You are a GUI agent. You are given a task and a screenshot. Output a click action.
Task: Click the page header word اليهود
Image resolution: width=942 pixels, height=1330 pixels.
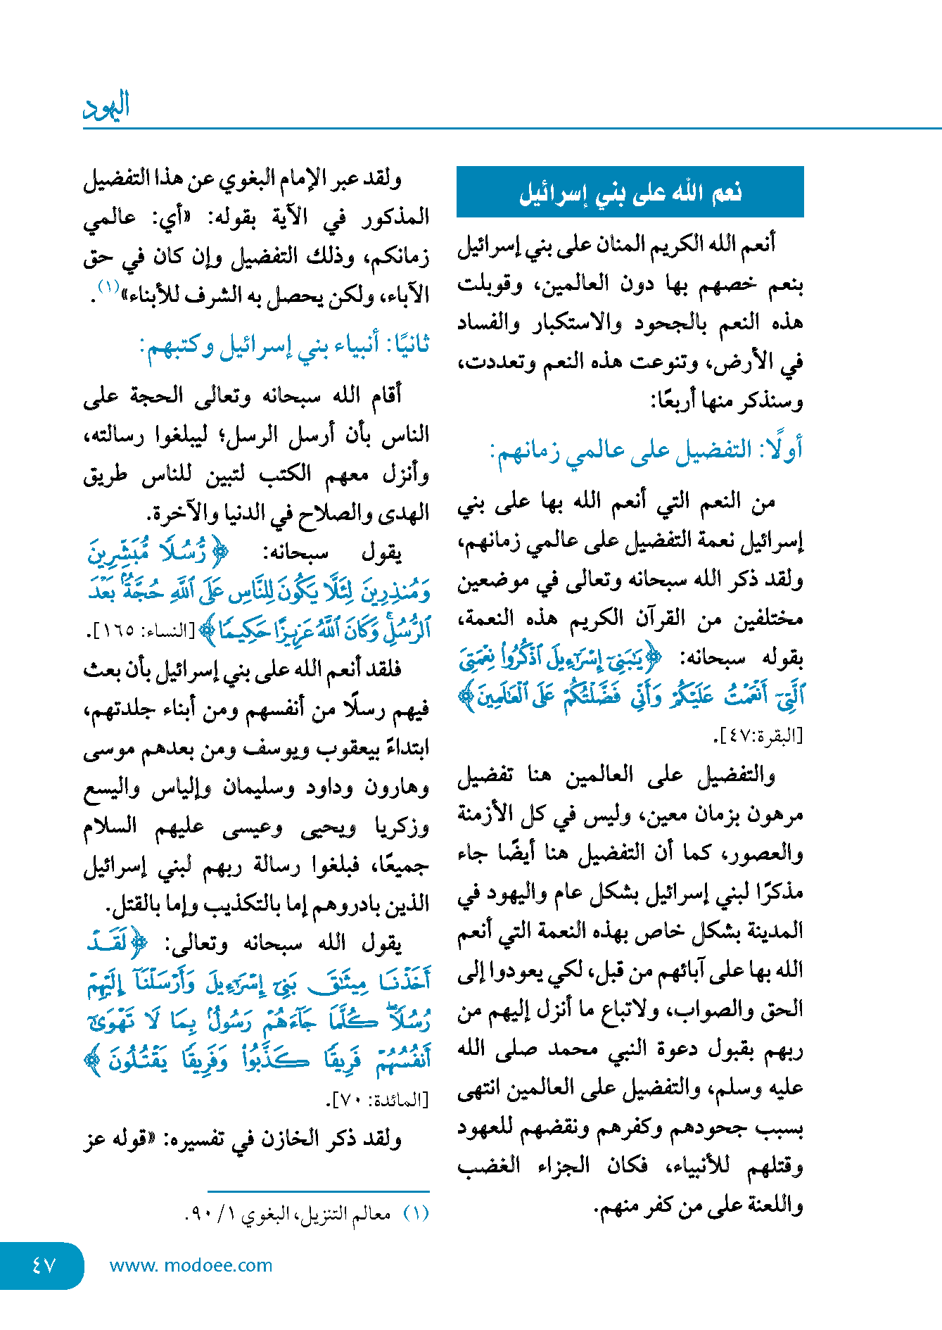coord(106,106)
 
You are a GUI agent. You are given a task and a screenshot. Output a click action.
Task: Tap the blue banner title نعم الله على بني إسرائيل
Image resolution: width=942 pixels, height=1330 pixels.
coord(630,192)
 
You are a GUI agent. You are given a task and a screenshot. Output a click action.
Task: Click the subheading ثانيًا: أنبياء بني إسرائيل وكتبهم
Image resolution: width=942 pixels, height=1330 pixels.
coord(284,346)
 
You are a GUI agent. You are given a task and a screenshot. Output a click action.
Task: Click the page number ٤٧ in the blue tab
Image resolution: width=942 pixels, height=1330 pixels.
coord(43,1265)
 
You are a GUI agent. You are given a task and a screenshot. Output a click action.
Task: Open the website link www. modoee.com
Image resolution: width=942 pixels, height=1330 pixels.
coord(191,1265)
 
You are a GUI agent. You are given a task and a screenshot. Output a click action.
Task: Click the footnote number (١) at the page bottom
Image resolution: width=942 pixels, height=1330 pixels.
coord(415,1214)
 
